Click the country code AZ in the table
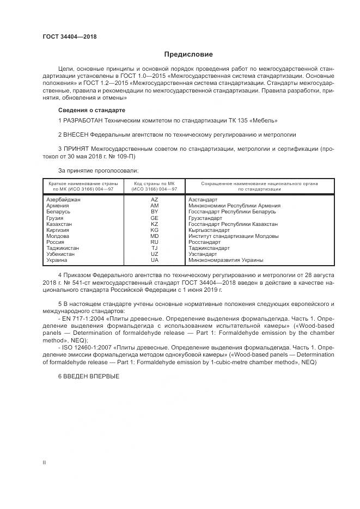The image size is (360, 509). (x=154, y=200)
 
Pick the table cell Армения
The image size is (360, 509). (x=58, y=206)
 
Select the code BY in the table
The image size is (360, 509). (x=154, y=212)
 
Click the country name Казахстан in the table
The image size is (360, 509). (x=60, y=224)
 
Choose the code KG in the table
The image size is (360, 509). (x=154, y=230)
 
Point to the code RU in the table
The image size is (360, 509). (x=154, y=242)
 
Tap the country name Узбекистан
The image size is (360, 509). (x=62, y=254)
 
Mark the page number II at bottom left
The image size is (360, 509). (x=44, y=462)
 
